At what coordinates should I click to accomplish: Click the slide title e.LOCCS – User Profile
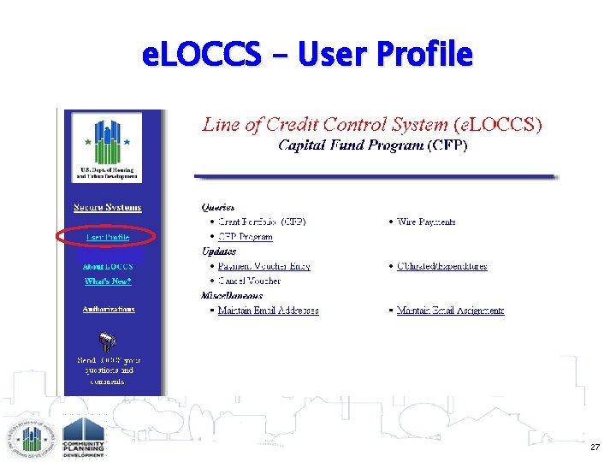308,55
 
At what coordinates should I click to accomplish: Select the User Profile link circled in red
107,237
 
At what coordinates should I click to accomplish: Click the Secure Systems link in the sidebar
107,207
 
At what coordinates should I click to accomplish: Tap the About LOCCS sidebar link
107,267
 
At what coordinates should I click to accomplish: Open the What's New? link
107,281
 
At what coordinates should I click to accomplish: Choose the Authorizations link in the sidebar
108,309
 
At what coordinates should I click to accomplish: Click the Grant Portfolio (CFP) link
261,222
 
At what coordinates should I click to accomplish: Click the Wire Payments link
426,222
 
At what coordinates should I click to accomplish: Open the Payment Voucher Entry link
264,266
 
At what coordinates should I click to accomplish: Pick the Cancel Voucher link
249,281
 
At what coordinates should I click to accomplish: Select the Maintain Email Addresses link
268,311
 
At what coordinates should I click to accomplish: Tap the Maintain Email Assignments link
450,311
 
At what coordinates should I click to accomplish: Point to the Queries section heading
218,207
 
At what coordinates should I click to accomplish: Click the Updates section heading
219,252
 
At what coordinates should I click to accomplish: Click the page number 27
595,447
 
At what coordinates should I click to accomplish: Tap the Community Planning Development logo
82,437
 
